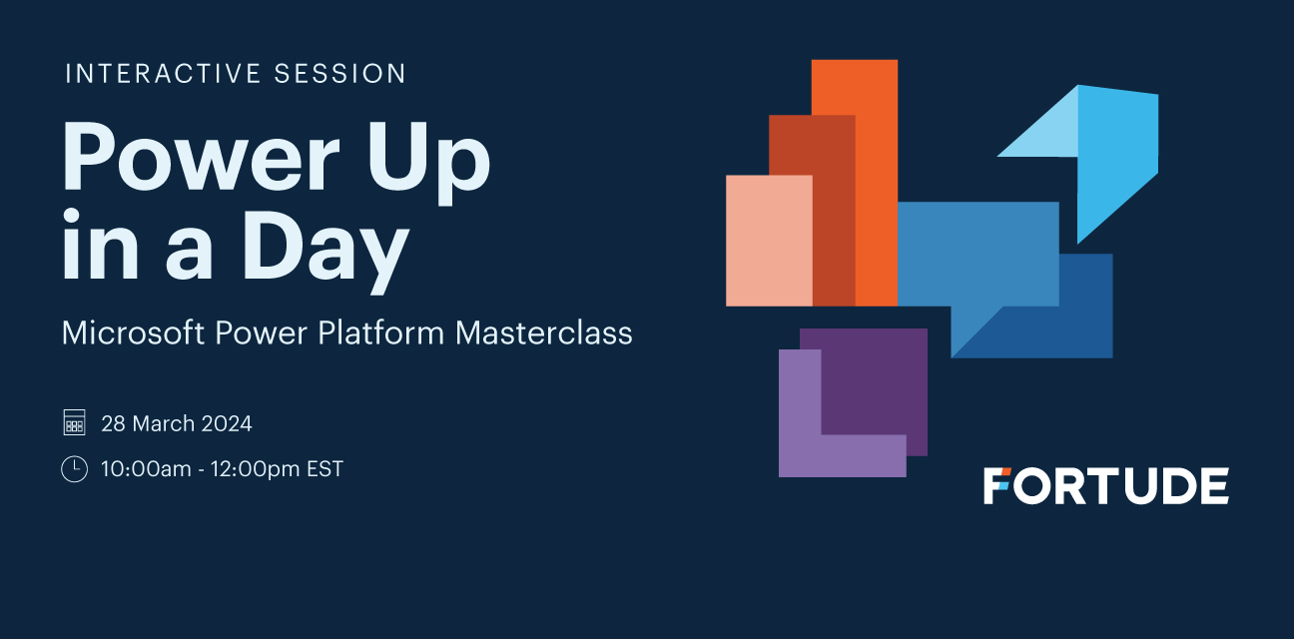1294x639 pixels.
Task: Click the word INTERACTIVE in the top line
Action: [x=163, y=74]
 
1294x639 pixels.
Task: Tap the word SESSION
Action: [x=340, y=74]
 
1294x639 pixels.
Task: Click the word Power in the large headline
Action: [x=201, y=156]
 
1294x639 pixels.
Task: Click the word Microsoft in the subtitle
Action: [x=133, y=332]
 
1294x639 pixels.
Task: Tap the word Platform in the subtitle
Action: [x=380, y=332]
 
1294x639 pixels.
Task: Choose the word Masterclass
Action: [x=543, y=332]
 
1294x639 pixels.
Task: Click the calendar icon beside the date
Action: [x=75, y=422]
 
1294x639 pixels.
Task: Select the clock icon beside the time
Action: [x=75, y=468]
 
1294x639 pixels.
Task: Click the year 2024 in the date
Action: [x=227, y=424]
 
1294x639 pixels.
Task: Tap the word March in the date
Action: [x=164, y=424]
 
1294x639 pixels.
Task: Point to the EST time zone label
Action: [x=324, y=469]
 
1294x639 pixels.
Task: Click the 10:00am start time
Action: [x=146, y=469]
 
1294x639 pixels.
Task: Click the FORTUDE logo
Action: [x=1106, y=486]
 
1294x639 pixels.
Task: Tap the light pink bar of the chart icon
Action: [x=769, y=241]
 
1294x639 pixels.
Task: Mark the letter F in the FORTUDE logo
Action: [x=996, y=486]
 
